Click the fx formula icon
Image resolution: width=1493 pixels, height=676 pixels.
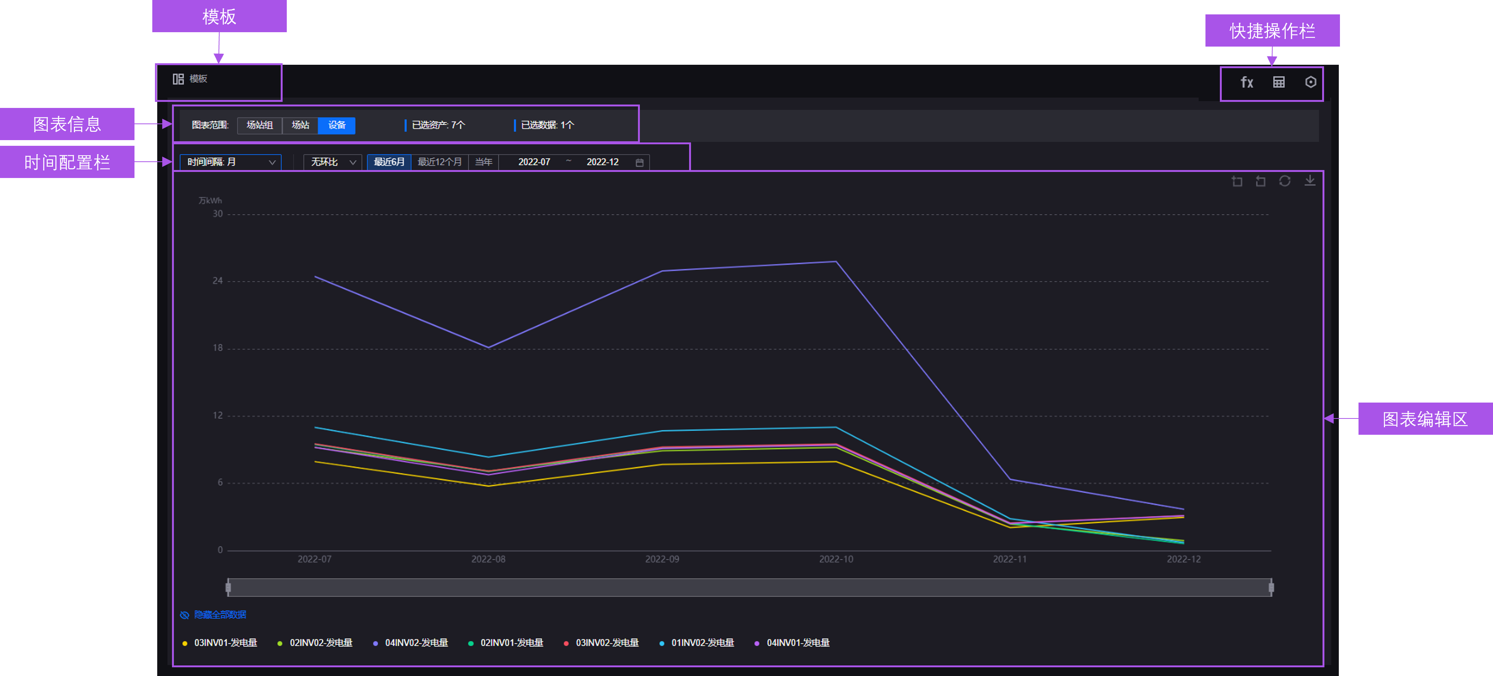1247,82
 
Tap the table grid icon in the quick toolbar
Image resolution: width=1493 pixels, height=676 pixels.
1279,82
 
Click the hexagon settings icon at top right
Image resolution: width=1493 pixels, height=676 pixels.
1310,82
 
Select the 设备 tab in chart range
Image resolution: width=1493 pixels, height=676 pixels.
337,125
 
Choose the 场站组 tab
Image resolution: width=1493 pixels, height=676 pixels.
260,125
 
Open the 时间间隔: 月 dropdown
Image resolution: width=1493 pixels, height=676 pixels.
231,162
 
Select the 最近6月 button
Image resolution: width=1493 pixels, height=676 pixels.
389,162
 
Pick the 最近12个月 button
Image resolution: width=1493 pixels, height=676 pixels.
440,162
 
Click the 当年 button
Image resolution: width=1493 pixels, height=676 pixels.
483,162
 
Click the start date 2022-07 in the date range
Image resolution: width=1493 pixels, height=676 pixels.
534,162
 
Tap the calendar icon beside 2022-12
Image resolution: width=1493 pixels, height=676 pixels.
639,163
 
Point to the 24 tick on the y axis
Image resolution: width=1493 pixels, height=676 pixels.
217,281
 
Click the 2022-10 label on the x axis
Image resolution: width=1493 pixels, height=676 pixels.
836,559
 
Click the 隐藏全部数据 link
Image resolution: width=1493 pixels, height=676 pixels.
220,615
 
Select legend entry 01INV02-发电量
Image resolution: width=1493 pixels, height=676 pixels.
702,643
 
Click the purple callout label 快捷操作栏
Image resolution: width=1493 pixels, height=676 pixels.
1272,31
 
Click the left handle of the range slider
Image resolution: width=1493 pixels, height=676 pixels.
228,587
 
